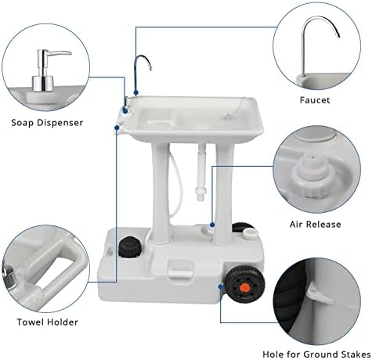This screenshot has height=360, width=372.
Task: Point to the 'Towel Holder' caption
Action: [48, 321]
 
